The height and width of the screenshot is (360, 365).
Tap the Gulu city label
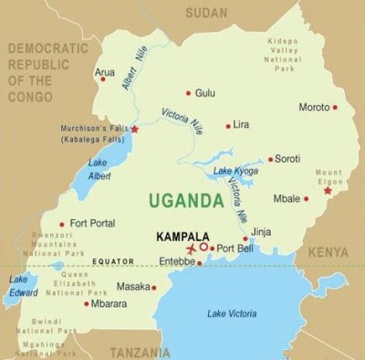click(205, 92)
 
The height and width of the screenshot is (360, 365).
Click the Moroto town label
click(314, 107)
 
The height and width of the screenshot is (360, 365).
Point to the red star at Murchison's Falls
click(135, 129)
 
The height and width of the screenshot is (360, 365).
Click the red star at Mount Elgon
click(328, 191)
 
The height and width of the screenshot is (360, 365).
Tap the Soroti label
click(287, 158)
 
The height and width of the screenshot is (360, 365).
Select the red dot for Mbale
click(307, 198)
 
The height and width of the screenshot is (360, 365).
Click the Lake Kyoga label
click(235, 172)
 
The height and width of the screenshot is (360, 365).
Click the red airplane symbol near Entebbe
click(191, 249)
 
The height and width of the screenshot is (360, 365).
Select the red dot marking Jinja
click(245, 238)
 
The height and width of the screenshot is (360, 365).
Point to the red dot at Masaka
click(154, 287)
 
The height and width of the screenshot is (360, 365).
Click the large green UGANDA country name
click(185, 199)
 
